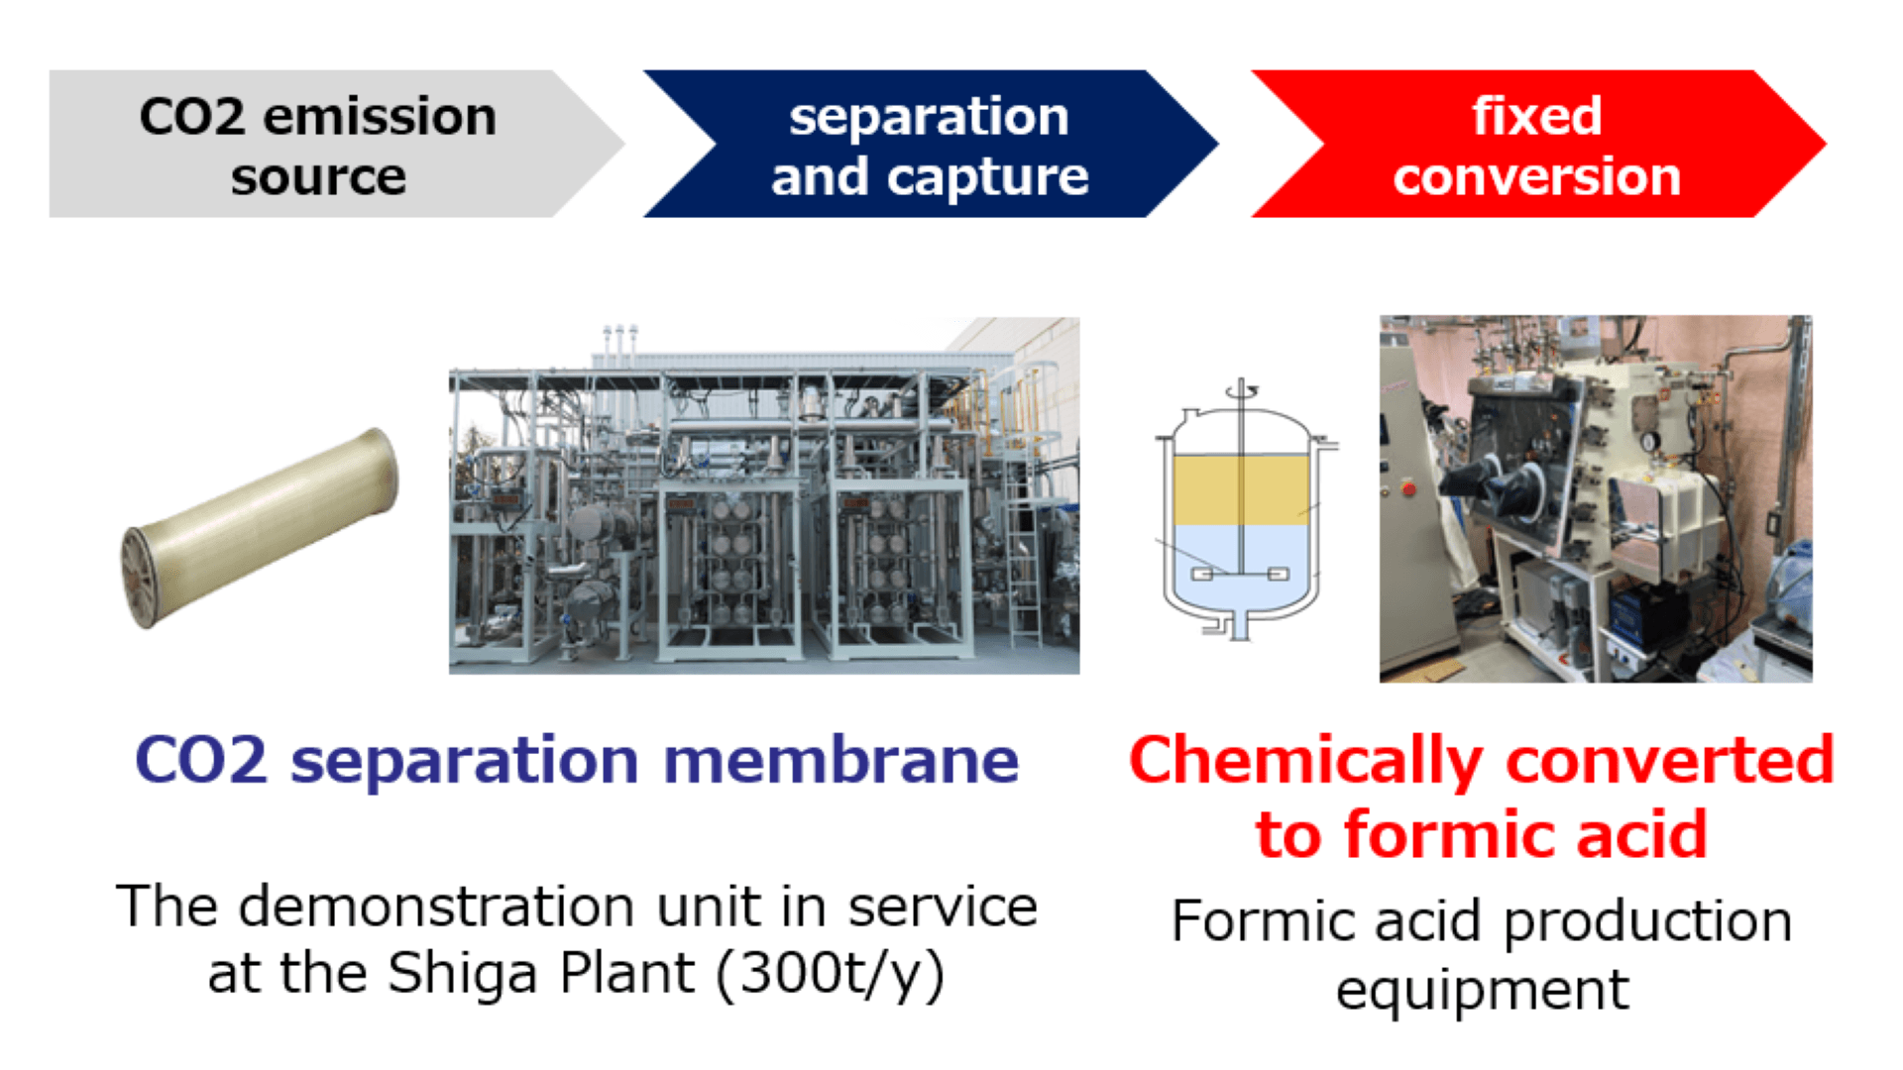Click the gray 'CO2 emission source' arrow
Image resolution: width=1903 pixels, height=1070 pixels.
click(x=317, y=145)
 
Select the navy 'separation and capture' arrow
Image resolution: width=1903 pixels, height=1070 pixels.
click(x=930, y=145)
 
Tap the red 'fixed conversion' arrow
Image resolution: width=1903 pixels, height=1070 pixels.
click(x=1536, y=145)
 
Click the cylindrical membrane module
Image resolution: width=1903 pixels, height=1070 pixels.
click(x=263, y=525)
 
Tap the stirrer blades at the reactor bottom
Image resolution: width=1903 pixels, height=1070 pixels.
click(x=1239, y=574)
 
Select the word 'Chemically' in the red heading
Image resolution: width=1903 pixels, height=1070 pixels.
click(x=1305, y=761)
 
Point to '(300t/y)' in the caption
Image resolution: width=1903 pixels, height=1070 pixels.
click(x=830, y=973)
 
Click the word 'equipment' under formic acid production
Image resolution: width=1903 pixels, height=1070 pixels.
click(x=1482, y=989)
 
